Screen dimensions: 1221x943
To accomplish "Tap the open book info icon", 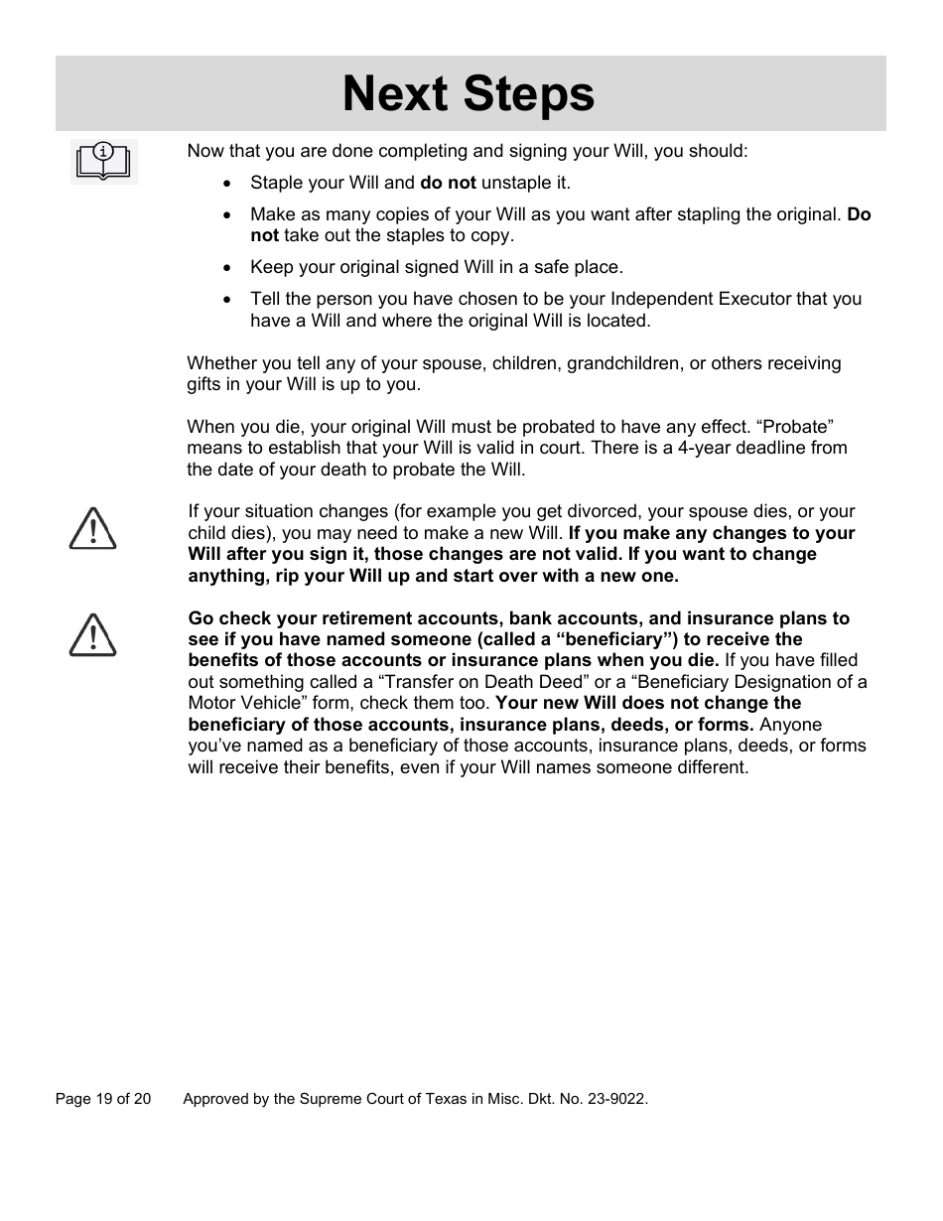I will [103, 162].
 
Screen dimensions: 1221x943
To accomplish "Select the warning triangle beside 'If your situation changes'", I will [92, 528].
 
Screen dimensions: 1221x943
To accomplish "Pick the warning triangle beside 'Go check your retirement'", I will [92, 635].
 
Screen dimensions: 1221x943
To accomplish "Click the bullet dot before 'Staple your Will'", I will [228, 184].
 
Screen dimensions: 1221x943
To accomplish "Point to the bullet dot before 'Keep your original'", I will [228, 268].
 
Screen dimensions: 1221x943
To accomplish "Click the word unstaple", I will [513, 183].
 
